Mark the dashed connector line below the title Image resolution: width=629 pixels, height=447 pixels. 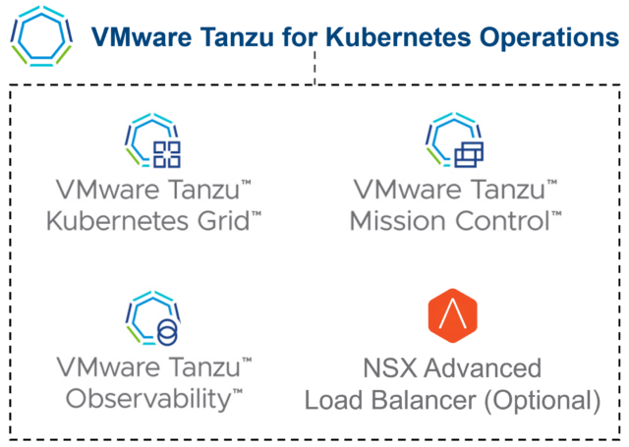314,70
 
